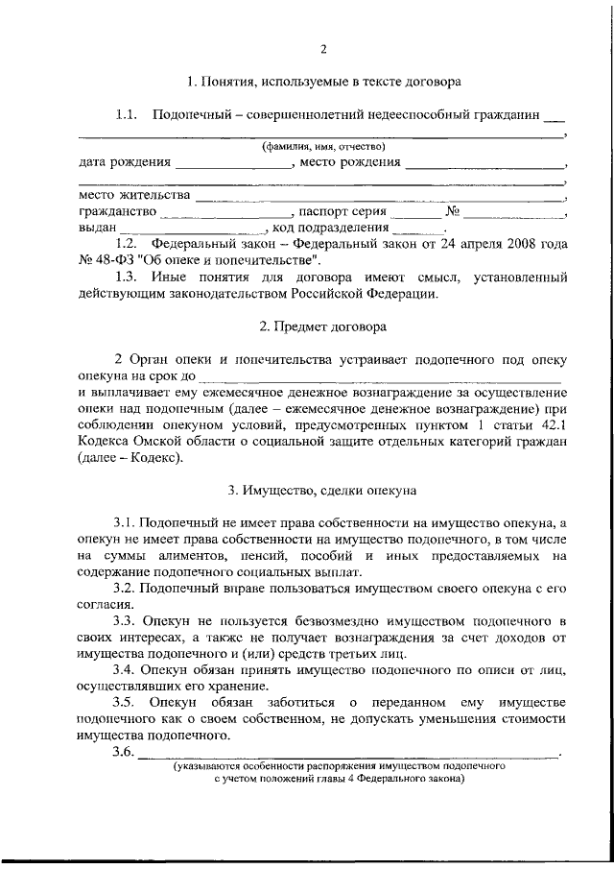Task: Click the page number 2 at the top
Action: [323, 50]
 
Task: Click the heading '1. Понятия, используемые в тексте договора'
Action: [323, 83]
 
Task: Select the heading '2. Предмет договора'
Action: [323, 326]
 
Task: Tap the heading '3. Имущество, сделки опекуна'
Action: [322, 490]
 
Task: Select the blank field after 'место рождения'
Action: [484, 164]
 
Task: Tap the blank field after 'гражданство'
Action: [226, 213]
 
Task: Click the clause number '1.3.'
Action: [128, 278]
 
